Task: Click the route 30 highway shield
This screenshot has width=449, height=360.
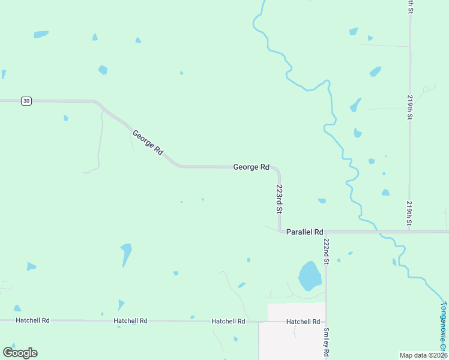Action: click(x=26, y=101)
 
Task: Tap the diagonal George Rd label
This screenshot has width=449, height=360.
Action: click(x=148, y=143)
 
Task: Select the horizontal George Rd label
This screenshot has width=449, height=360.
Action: click(x=251, y=167)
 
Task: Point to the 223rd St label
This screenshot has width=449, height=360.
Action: click(x=279, y=199)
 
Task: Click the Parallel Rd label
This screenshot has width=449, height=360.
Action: click(x=305, y=232)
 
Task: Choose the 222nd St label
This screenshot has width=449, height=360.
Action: click(x=327, y=251)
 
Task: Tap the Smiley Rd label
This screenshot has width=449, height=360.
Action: click(x=327, y=343)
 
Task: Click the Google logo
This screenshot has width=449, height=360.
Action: click(x=20, y=352)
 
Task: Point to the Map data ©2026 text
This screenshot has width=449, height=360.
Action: click(x=423, y=355)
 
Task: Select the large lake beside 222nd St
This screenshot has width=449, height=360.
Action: click(x=310, y=275)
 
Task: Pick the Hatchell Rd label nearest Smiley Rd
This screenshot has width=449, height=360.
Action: click(x=303, y=322)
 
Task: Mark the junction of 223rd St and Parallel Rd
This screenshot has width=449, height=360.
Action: click(x=280, y=232)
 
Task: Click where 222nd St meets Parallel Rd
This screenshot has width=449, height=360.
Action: click(x=327, y=232)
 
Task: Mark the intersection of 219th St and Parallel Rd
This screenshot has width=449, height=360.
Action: click(x=410, y=232)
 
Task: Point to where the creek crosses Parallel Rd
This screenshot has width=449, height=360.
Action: click(x=379, y=232)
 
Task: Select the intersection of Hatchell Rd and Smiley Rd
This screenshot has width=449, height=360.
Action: click(x=326, y=322)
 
